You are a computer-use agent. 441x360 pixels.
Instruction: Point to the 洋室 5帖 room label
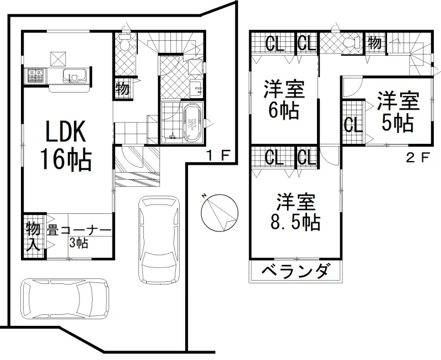[x=397, y=112]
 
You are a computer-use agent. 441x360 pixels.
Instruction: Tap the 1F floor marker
[x=217, y=155]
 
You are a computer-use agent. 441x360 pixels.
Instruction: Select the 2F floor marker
[x=417, y=158]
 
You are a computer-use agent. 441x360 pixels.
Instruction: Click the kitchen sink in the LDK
[x=72, y=76]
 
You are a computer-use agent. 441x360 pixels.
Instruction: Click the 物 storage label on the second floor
[x=374, y=42]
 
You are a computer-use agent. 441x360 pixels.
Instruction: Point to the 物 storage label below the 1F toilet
[x=122, y=88]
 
